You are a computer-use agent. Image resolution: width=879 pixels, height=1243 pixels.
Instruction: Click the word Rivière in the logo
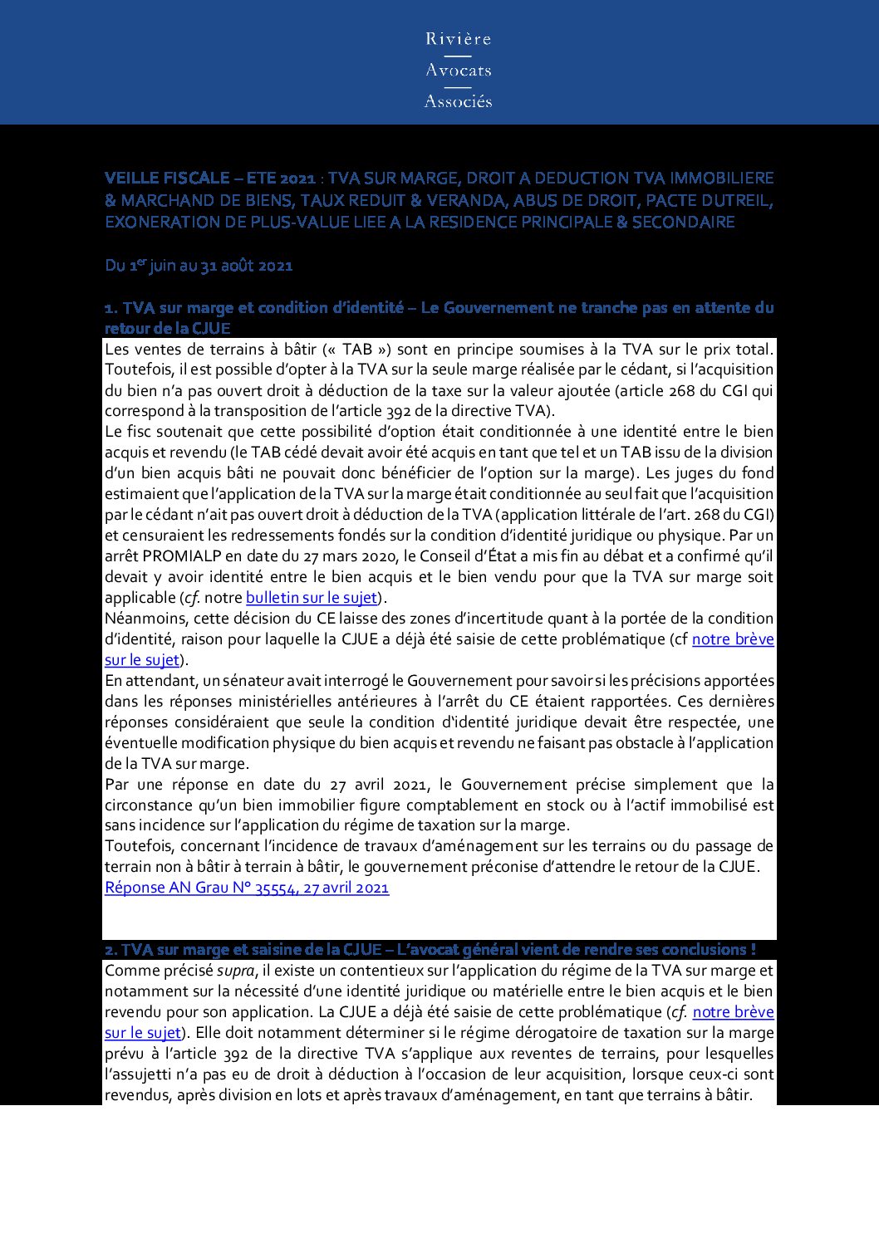tap(458, 39)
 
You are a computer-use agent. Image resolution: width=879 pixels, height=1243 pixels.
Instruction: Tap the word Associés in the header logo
tap(458, 101)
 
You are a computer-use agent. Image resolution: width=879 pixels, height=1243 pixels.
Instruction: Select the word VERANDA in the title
tap(464, 200)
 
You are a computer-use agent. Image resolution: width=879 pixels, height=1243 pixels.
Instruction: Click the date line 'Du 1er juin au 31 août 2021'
tap(199, 266)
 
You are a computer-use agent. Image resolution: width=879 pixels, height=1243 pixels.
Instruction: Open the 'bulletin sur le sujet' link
tap(312, 598)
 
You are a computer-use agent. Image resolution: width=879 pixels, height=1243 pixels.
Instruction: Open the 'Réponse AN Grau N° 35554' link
tap(247, 888)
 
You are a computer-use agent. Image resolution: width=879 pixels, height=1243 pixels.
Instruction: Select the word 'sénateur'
tap(253, 681)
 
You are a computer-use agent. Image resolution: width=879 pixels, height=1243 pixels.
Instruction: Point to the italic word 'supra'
tap(236, 971)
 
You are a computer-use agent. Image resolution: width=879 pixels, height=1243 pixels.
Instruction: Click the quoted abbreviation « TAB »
tap(357, 350)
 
